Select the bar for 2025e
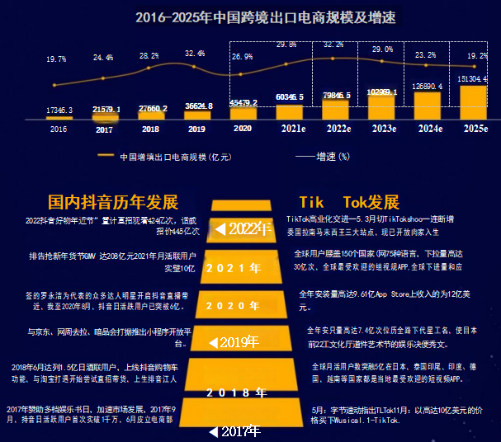(473, 101)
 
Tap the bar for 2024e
(427, 106)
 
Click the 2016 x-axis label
(59, 129)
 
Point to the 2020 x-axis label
(243, 129)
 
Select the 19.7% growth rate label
(56, 59)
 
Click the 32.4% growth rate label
(195, 54)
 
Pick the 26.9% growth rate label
(243, 57)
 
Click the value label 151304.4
(473, 79)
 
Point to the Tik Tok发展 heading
(349, 202)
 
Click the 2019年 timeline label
(236, 341)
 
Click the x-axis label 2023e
(381, 129)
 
